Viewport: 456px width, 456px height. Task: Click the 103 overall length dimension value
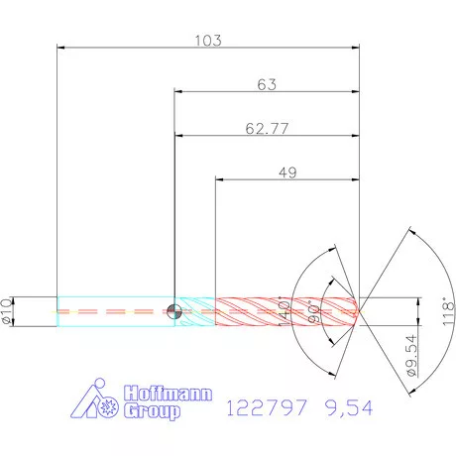pyautogui.click(x=206, y=41)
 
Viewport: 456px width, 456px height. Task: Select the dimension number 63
pyautogui.click(x=266, y=85)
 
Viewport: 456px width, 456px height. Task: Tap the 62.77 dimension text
pyautogui.click(x=266, y=129)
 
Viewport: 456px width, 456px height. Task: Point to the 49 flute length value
pyautogui.click(x=287, y=172)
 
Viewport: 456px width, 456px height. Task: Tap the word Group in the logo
pyautogui.click(x=151, y=409)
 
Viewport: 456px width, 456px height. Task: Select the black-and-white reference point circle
pyautogui.click(x=174, y=310)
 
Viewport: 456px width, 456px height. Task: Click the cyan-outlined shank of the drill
pyautogui.click(x=114, y=310)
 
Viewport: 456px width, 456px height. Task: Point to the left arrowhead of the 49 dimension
pyautogui.click(x=220, y=179)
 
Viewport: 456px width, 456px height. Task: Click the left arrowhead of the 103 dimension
pyautogui.click(x=61, y=48)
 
